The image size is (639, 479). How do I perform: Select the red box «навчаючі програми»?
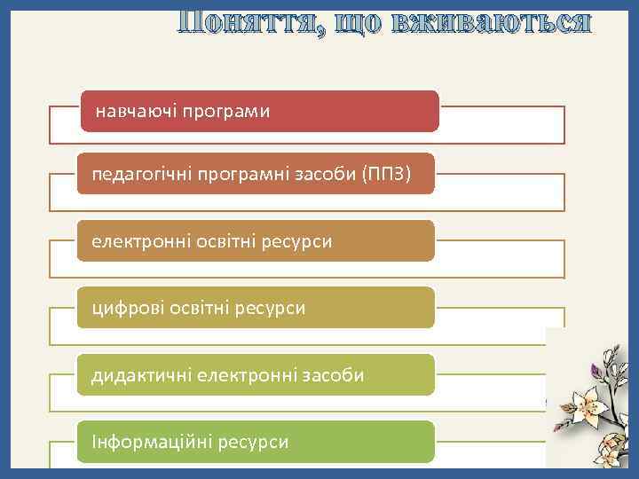coord(260,111)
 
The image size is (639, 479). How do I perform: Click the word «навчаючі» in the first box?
coord(136,113)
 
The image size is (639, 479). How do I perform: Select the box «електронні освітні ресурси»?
coord(256,241)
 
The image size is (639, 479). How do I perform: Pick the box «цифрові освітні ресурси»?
coord(256,308)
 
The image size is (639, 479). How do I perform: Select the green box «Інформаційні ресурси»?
coord(256,442)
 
